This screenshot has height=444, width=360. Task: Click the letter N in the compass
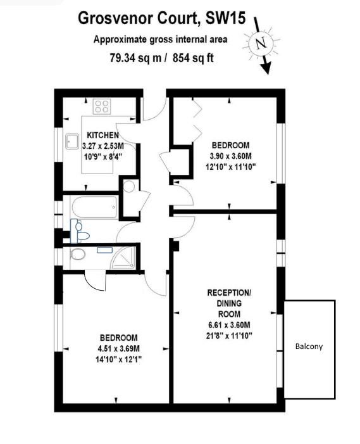click(261, 43)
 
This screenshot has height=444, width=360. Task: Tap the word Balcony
click(309, 346)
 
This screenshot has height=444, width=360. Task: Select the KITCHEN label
click(102, 135)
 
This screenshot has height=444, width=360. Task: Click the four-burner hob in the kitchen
click(102, 106)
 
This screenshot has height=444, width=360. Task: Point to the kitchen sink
click(72, 141)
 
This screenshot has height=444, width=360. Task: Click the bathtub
click(94, 208)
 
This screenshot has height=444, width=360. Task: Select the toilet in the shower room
click(78, 254)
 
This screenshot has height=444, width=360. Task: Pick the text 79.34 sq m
click(136, 58)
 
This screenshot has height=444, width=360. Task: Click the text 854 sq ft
click(193, 58)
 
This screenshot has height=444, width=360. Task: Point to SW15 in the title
click(225, 18)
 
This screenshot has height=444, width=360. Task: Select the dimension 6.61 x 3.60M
click(229, 325)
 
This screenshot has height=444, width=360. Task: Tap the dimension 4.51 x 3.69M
click(118, 348)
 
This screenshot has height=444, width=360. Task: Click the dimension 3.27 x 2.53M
click(103, 146)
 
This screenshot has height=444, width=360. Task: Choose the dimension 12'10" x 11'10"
click(231, 167)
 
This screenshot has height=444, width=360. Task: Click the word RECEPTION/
click(229, 293)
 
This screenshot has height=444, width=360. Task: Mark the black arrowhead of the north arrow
click(266, 68)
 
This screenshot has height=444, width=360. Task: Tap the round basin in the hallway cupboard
click(129, 187)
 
